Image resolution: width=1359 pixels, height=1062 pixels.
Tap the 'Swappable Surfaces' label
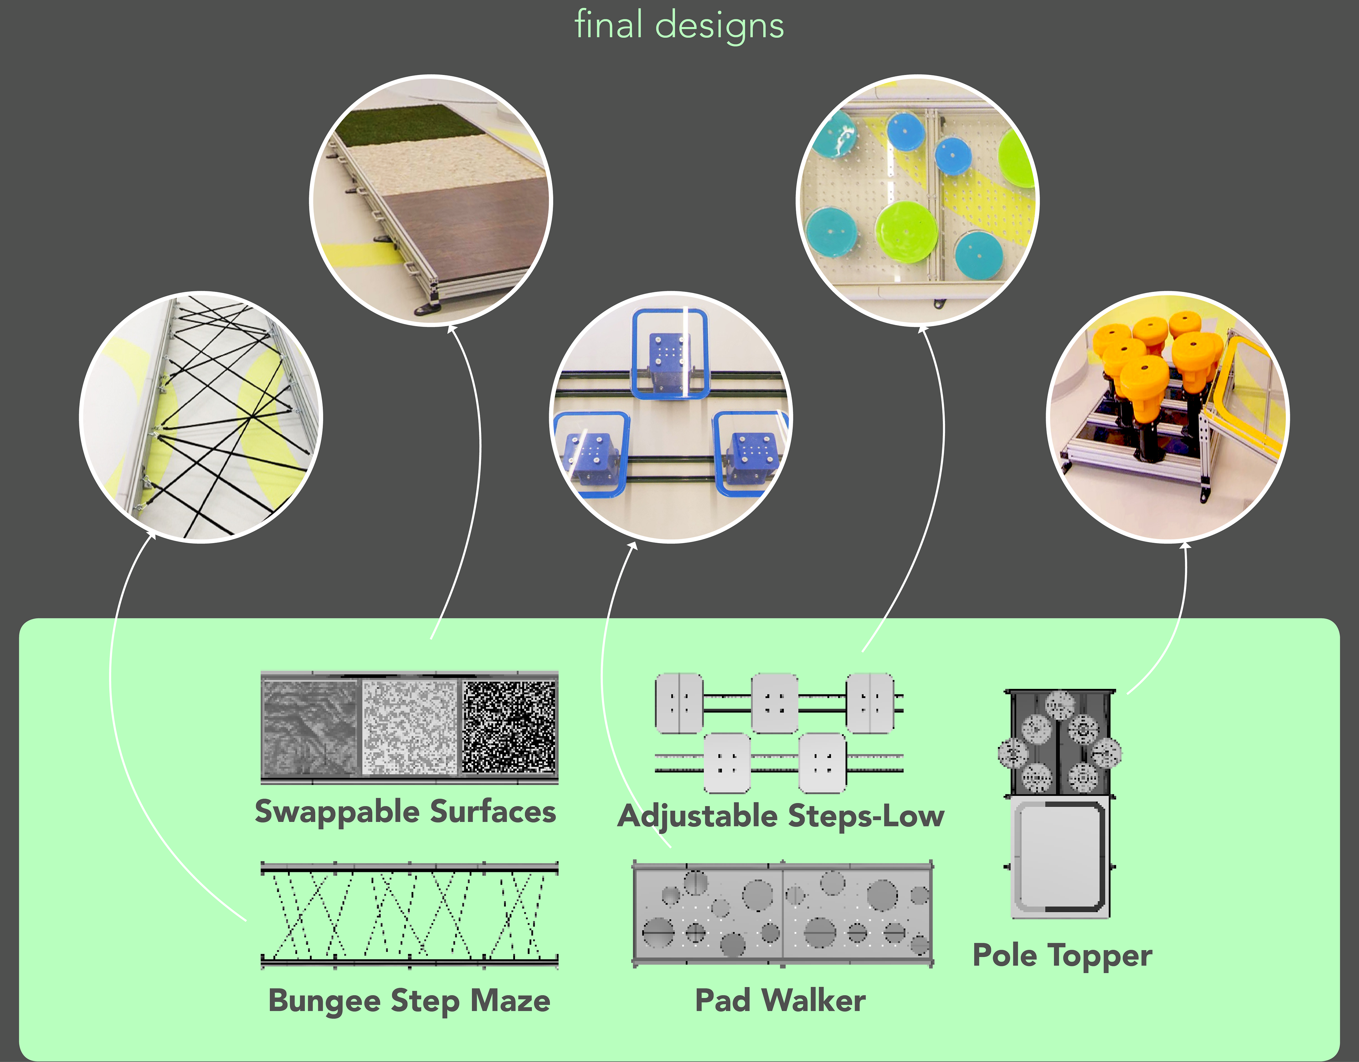(x=405, y=812)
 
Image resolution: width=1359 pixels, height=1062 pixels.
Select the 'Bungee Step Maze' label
(x=409, y=1001)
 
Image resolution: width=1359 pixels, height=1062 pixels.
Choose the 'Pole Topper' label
(x=1062, y=955)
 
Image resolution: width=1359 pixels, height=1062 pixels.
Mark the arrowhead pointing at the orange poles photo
(x=1185, y=545)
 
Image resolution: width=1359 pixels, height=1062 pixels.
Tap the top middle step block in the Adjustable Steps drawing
(x=775, y=702)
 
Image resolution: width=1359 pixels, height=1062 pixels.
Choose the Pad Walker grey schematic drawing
(x=782, y=914)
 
